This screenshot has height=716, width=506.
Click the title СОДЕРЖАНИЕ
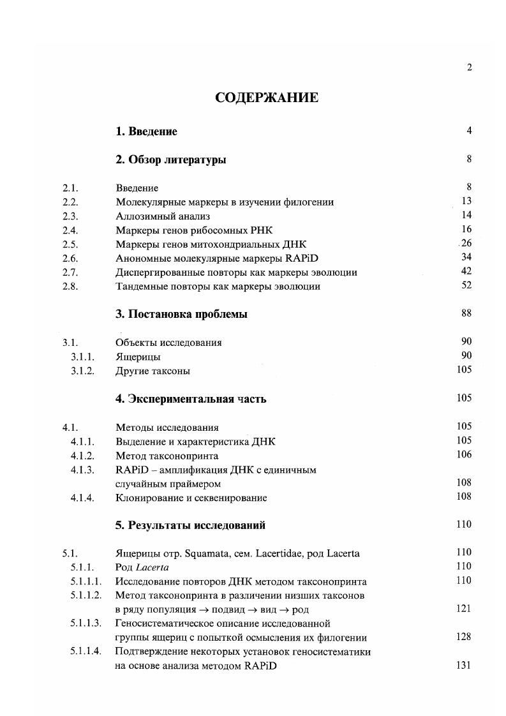coord(267,98)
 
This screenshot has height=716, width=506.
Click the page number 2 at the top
coord(469,68)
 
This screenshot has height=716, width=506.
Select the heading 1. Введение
coord(146,132)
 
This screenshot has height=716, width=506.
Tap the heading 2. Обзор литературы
coord(170,160)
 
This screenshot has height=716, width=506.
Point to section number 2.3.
coord(70,216)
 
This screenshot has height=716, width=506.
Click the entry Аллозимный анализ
coord(163,216)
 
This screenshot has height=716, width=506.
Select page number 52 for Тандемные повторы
coord(466,285)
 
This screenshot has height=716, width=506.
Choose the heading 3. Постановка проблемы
coord(181,315)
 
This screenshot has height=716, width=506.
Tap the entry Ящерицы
coord(138,357)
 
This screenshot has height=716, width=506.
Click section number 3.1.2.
coord(82,371)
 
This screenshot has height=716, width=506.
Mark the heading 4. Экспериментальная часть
coord(191,399)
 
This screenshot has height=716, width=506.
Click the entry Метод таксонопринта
coord(167,456)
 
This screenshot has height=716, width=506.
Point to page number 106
coord(464,455)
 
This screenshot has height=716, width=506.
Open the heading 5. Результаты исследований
coord(190,526)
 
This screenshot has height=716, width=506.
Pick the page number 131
coord(464,665)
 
